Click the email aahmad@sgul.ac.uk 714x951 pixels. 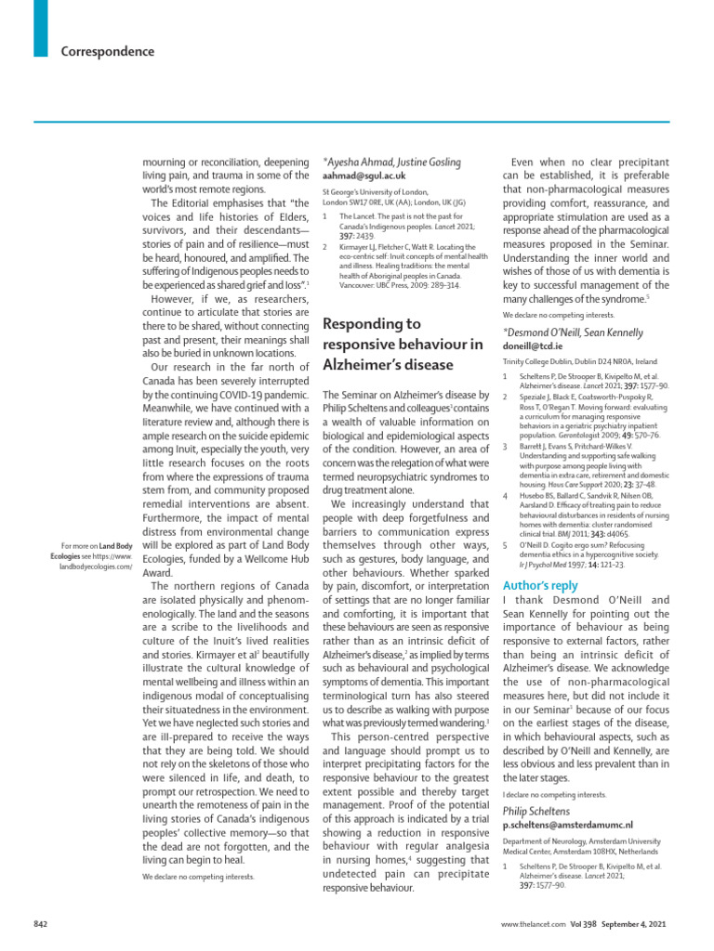[x=364, y=176]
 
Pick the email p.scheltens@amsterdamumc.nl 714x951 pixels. [x=567, y=824]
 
